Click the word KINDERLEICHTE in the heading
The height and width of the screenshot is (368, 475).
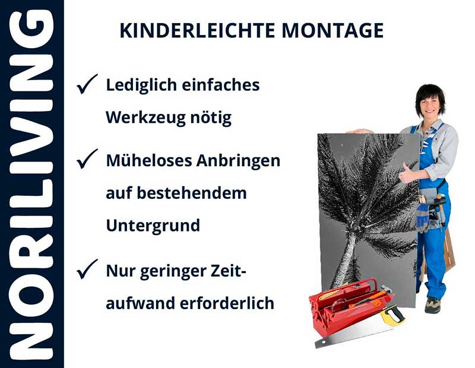pyautogui.click(x=188, y=30)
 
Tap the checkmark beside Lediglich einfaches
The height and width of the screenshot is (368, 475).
pyautogui.click(x=87, y=85)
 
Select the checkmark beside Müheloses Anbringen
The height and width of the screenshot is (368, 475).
pyautogui.click(x=87, y=160)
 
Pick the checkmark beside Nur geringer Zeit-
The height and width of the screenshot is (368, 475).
pyautogui.click(x=87, y=271)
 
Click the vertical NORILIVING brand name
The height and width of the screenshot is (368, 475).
pyautogui.click(x=32, y=184)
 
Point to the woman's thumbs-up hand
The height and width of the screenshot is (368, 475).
pyautogui.click(x=408, y=174)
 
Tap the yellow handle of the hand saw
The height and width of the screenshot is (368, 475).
pyautogui.click(x=392, y=315)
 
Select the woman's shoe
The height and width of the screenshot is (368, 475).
pyautogui.click(x=432, y=304)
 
